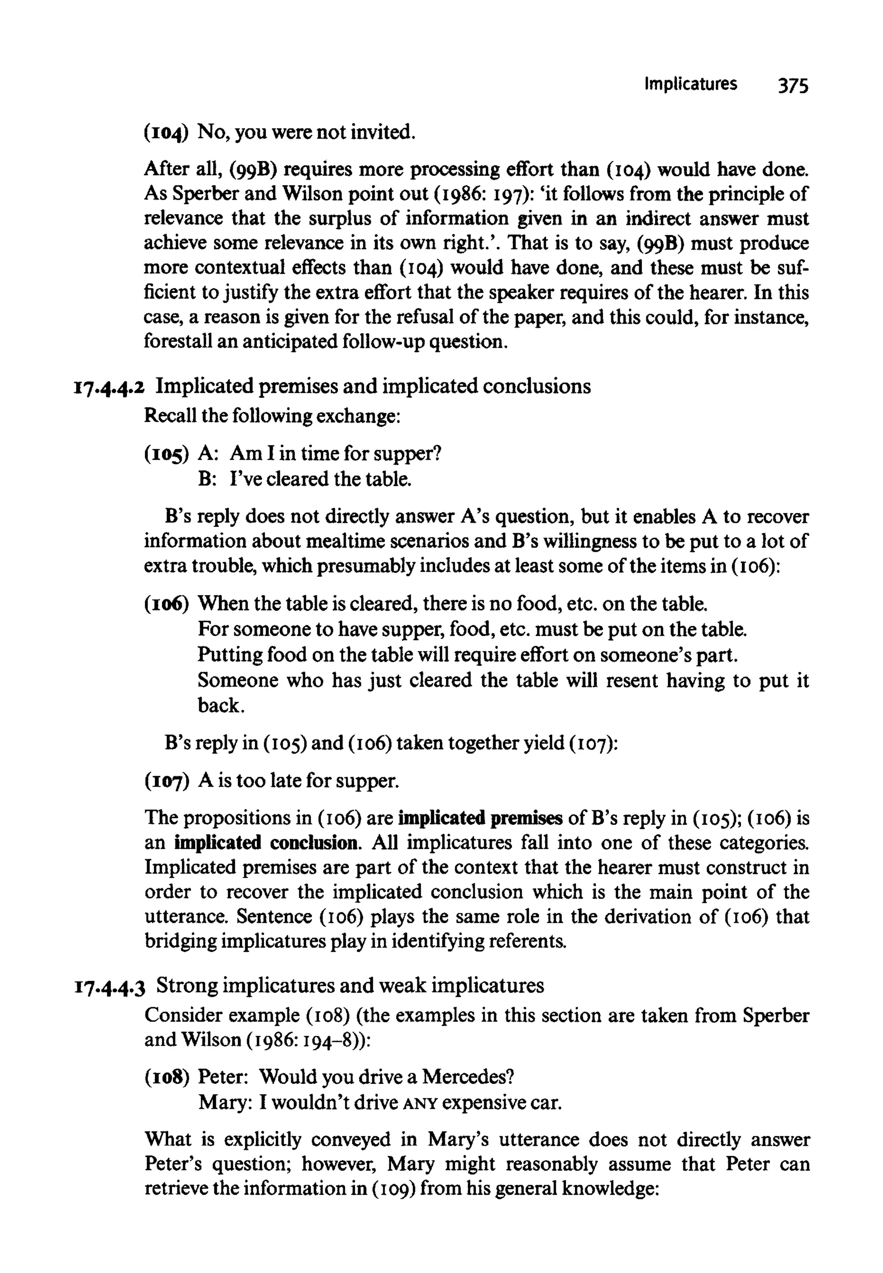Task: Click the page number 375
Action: (793, 86)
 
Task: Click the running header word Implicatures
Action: (690, 84)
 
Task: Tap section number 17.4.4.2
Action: (109, 387)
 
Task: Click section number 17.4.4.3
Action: (110, 986)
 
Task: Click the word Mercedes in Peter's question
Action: (467, 1077)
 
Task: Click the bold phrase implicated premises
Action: (480, 818)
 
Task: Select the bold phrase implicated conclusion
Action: (266, 843)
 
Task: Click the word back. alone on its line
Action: (221, 706)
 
